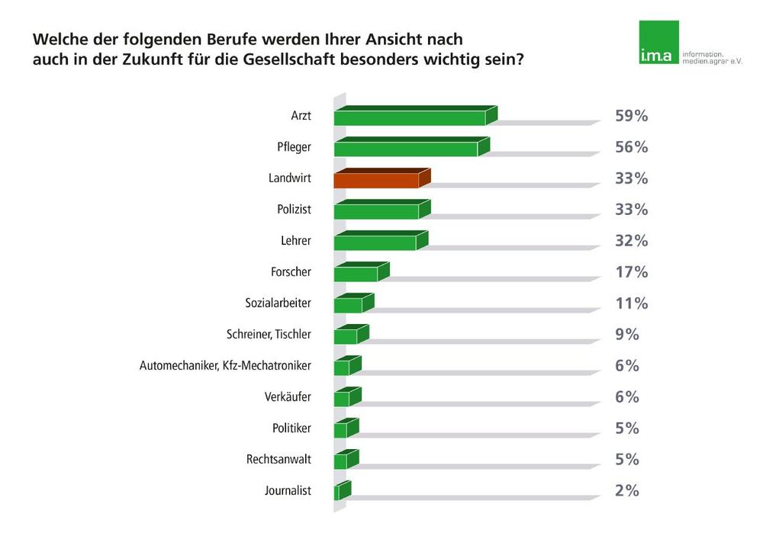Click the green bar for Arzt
click(x=412, y=117)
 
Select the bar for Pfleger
click(x=408, y=148)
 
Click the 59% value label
click(x=631, y=117)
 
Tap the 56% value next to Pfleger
click(x=631, y=148)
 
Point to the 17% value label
click(x=631, y=272)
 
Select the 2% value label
click(x=626, y=491)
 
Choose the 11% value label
click(x=631, y=303)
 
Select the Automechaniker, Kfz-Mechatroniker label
click(x=225, y=366)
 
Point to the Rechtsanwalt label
click(x=278, y=460)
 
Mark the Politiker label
click(x=291, y=428)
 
